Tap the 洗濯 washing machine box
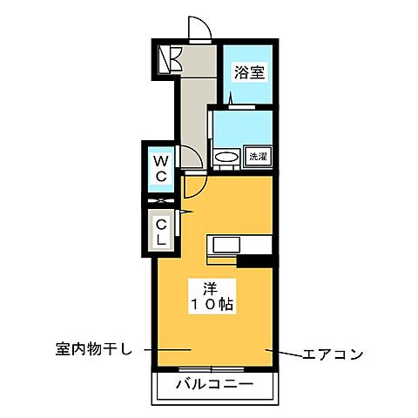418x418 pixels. tap(259, 157)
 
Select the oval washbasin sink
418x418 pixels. tap(226, 158)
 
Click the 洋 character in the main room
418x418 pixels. tap(211, 287)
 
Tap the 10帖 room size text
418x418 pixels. tap(211, 305)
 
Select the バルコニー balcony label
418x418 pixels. tap(214, 384)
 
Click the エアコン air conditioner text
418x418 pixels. tap(332, 354)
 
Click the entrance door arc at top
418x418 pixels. tap(200, 31)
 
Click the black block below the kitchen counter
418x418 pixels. tap(253, 260)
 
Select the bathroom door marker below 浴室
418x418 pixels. tap(231, 100)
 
